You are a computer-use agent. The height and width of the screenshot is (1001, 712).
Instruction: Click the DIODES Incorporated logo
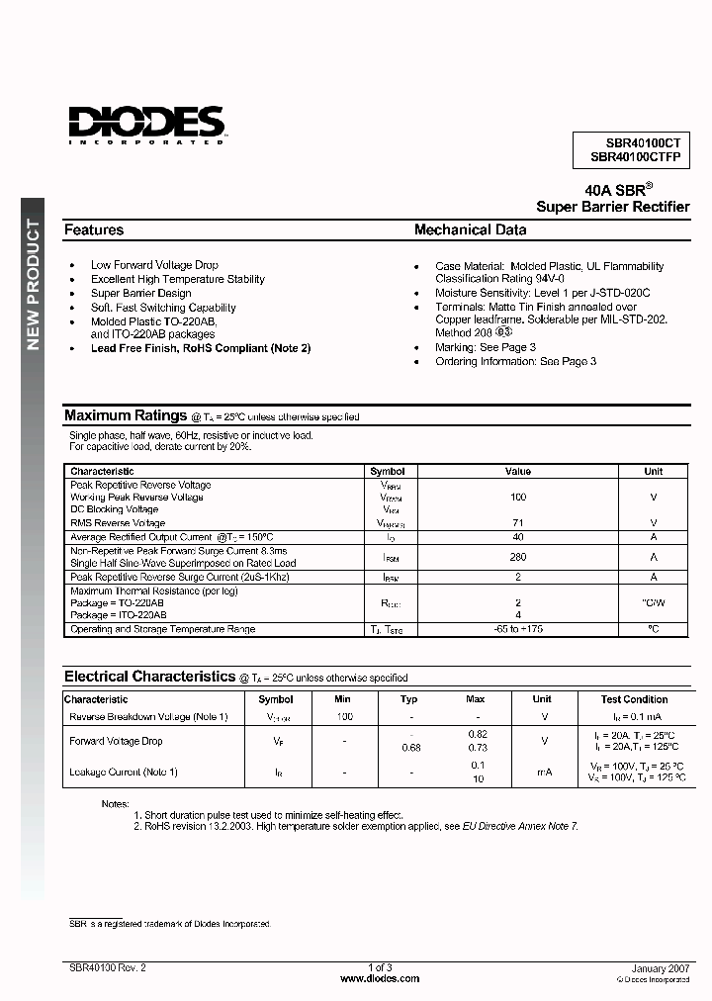click(x=147, y=125)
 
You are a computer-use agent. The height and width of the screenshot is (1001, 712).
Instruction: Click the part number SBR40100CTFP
click(x=635, y=157)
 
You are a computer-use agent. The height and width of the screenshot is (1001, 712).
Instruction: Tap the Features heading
click(x=94, y=229)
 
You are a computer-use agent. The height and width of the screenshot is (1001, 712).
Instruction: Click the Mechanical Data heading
click(x=470, y=229)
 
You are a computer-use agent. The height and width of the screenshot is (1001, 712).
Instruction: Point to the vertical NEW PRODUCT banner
click(x=33, y=284)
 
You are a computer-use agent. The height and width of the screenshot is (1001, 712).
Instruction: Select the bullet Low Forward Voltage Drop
click(x=154, y=265)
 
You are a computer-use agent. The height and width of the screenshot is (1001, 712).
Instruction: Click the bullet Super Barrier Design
click(x=140, y=293)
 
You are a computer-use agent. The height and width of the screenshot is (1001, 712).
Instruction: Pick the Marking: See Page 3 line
click(x=486, y=347)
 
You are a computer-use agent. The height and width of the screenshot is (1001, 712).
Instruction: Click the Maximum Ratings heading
click(x=126, y=415)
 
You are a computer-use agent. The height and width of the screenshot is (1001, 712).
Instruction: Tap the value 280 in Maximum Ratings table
click(x=518, y=557)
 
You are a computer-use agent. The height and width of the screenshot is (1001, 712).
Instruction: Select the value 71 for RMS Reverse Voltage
click(x=518, y=522)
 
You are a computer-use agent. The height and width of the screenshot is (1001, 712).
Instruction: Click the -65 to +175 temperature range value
click(x=518, y=629)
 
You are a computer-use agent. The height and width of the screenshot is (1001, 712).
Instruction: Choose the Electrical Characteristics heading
click(x=149, y=677)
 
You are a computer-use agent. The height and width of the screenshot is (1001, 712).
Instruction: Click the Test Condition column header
click(x=634, y=699)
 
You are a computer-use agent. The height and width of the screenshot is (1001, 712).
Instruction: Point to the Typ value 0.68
click(x=410, y=748)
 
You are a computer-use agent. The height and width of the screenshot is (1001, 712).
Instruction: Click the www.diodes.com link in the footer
click(x=380, y=978)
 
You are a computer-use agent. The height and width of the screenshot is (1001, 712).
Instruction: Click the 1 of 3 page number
click(x=380, y=967)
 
